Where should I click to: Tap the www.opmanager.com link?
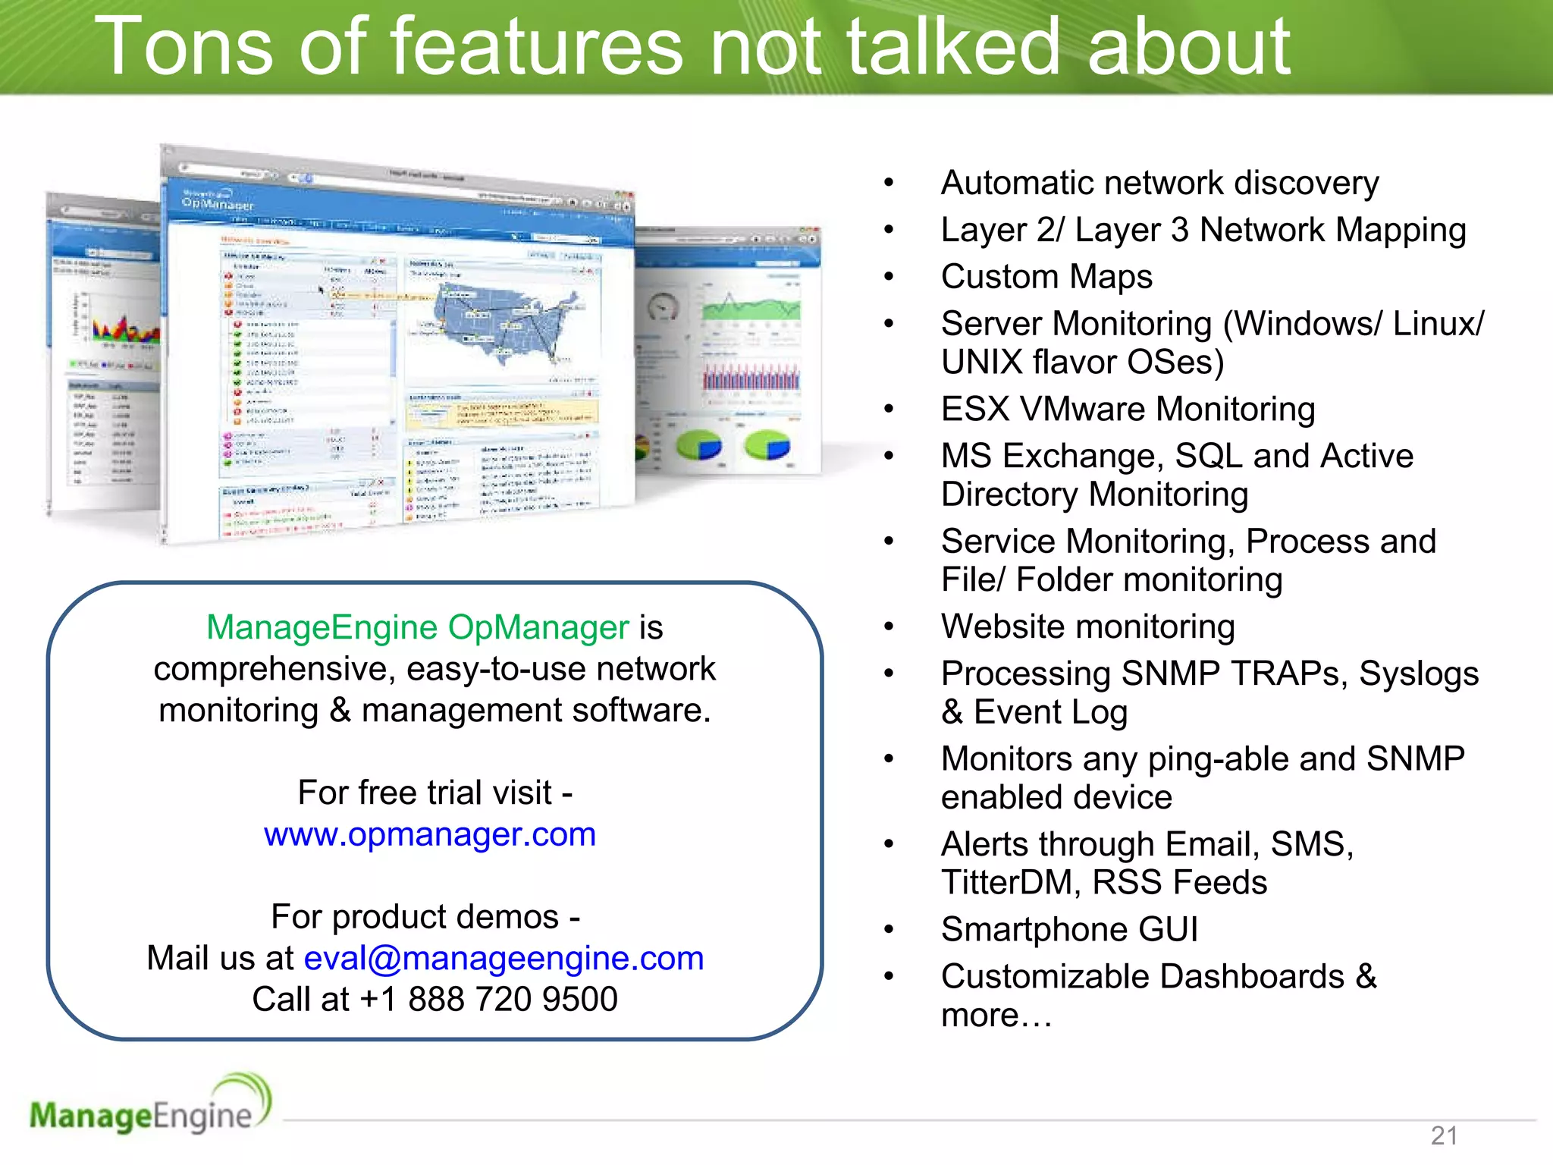pos(430,834)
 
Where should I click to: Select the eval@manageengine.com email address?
pos(504,958)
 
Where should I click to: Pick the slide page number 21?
pos(1444,1135)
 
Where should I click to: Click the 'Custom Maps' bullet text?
pos(1046,277)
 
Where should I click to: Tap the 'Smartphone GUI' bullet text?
pos(1069,930)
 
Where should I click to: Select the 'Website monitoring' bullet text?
pos(1088,627)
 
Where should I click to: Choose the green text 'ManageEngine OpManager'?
pos(418,628)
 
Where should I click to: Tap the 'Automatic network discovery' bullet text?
pos(1159,184)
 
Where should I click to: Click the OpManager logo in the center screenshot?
pos(218,202)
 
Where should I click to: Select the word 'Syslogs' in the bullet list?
pos(1419,674)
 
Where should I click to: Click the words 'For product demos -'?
pos(425,917)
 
